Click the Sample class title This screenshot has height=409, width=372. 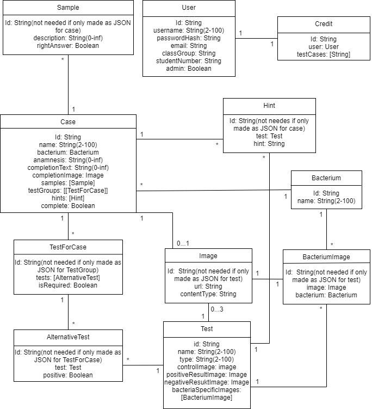point(68,8)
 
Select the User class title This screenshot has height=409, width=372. point(189,8)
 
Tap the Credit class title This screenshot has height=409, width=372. point(324,24)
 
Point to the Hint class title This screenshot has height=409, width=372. point(269,105)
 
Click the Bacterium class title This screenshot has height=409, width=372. point(326,178)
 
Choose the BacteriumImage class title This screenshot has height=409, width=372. point(326,257)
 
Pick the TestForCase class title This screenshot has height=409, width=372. point(68,247)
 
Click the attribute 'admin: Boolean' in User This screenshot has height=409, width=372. point(189,69)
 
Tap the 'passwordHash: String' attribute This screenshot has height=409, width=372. point(189,38)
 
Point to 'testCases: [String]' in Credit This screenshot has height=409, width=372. point(324,54)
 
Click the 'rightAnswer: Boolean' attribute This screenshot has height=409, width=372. point(68,46)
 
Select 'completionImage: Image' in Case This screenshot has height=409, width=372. point(68,175)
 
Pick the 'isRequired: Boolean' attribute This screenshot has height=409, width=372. point(68,285)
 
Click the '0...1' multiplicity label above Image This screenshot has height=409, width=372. point(182,243)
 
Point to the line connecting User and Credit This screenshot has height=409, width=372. point(256,38)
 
